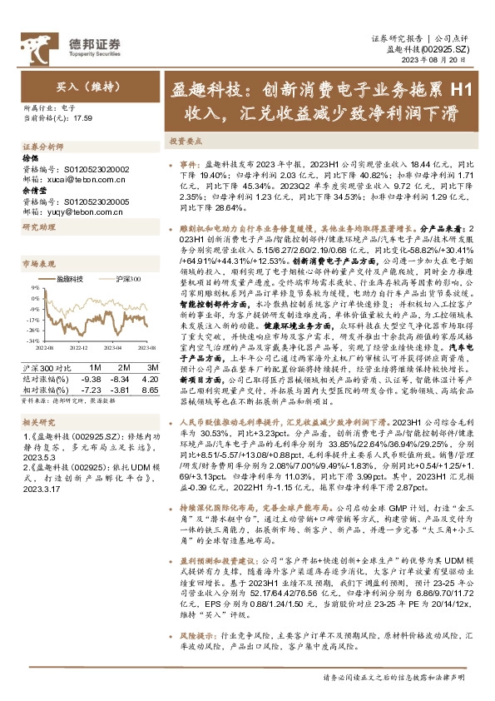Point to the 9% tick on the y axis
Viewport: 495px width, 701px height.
point(33,287)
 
